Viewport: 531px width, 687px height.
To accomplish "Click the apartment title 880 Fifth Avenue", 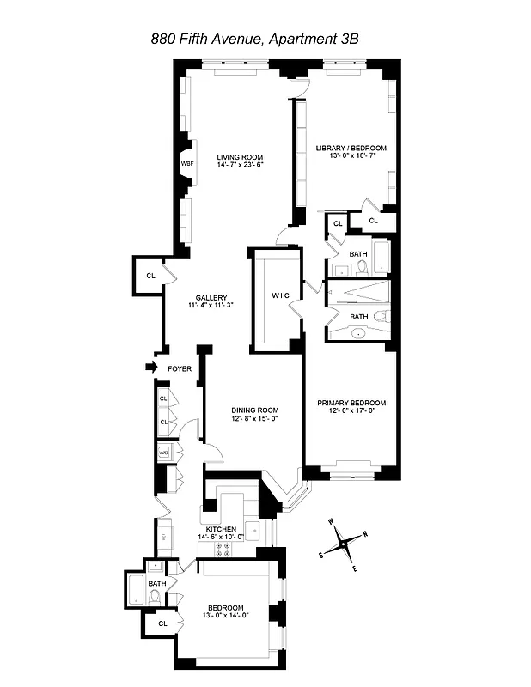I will click(265, 38).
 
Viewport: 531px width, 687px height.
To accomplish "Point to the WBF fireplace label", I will click(186, 163).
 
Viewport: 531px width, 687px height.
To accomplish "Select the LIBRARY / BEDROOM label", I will click(350, 148).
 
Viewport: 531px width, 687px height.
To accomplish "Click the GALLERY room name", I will click(211, 297).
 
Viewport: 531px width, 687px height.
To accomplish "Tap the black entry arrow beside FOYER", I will click(154, 368).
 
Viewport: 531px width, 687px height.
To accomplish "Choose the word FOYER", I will click(180, 368).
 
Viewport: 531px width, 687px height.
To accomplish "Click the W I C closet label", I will click(283, 297).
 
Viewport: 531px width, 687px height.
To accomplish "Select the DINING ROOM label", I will click(255, 410).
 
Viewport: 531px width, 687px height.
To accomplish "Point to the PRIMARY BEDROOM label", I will click(351, 403).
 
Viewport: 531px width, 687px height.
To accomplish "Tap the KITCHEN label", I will click(222, 529).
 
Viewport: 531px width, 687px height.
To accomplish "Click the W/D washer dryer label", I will click(164, 453).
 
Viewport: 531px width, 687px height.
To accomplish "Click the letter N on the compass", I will click(365, 534).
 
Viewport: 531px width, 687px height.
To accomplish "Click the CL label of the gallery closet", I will click(150, 276).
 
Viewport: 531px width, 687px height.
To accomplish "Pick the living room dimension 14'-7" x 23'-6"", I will click(239, 165).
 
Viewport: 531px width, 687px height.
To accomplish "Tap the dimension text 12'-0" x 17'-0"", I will click(351, 411).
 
